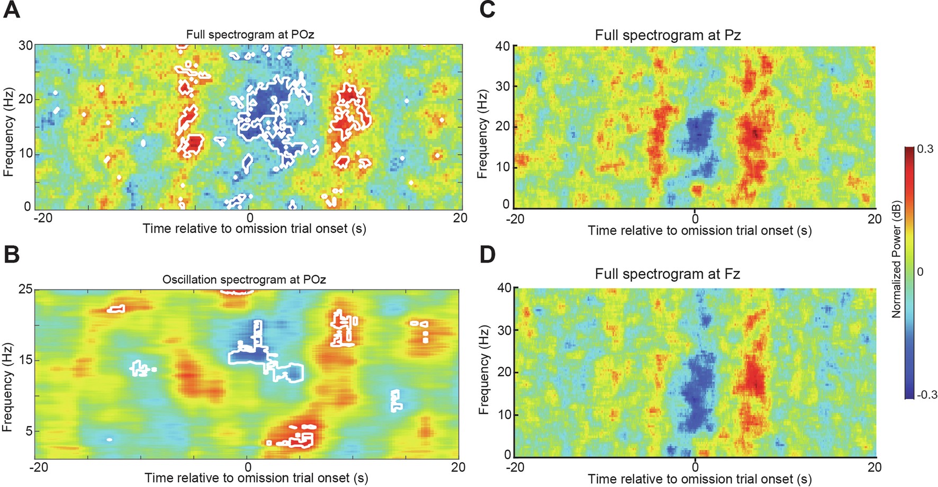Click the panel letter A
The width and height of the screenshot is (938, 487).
12,10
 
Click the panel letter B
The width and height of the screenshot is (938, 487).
12,255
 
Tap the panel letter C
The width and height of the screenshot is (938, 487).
487,10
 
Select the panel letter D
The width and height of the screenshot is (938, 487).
487,255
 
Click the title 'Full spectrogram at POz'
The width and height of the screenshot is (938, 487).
250,35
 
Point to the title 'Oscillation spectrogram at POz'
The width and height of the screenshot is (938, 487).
244,279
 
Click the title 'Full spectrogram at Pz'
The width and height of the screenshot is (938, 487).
668,35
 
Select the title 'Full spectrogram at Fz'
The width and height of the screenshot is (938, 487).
667,274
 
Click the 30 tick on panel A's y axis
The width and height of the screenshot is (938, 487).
25,46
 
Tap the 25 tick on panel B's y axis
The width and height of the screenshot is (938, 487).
25,290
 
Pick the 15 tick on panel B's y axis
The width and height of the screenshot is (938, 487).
25,360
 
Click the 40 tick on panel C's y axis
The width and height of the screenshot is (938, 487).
502,46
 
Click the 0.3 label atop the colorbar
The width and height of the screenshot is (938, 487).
925,149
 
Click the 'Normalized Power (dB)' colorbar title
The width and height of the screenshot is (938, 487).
896,259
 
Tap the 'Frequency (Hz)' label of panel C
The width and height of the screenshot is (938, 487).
482,133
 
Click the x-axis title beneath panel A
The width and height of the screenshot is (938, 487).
254,229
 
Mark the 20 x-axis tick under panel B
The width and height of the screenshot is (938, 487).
458,467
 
